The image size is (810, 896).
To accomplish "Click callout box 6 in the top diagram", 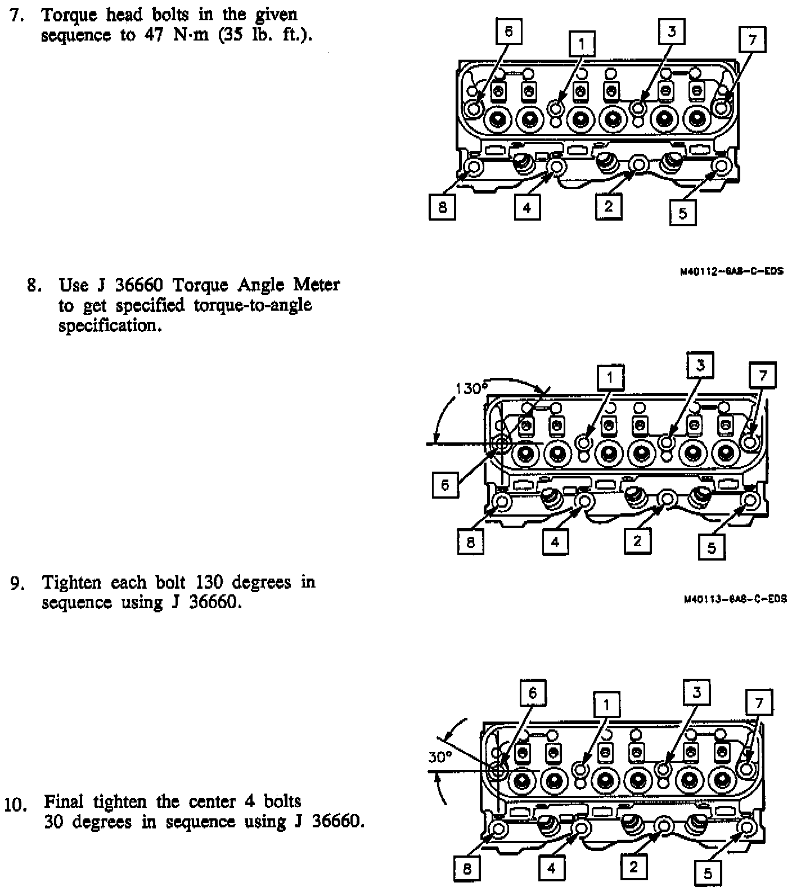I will (x=508, y=32).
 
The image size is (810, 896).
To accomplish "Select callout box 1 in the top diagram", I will (x=582, y=43).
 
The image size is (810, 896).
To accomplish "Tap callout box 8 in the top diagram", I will (x=442, y=207).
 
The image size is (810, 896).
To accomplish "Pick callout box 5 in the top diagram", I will (x=683, y=213).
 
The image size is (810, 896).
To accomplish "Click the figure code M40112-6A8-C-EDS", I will (x=731, y=271).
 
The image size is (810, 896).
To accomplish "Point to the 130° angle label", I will (x=470, y=388).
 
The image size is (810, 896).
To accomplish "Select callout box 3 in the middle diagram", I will (x=700, y=365).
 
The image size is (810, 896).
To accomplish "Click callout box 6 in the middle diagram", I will (x=445, y=485).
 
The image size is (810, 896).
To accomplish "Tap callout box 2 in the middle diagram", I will (x=637, y=541).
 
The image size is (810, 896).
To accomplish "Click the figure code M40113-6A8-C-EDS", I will (x=735, y=599).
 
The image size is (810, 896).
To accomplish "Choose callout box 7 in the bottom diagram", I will (x=759, y=702).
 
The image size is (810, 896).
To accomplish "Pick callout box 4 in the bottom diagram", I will (x=552, y=868).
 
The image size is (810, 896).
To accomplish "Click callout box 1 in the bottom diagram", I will (x=606, y=704).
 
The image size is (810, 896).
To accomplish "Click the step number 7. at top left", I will (x=17, y=15).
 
